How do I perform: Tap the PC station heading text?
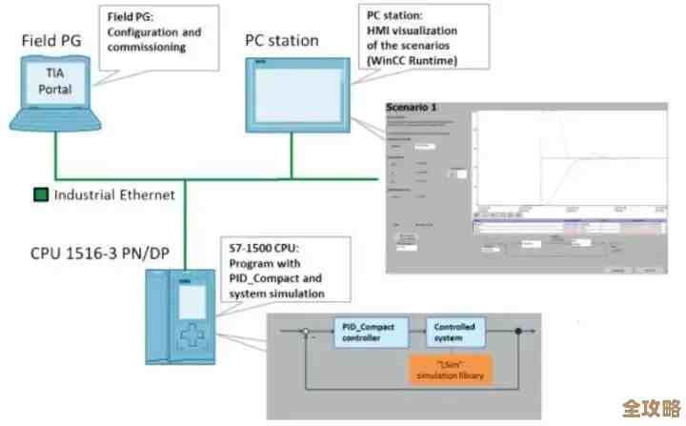[282, 41]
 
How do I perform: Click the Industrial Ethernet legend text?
[114, 194]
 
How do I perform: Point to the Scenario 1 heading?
[412, 108]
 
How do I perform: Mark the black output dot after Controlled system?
[518, 334]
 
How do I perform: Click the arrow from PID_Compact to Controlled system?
[414, 334]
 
